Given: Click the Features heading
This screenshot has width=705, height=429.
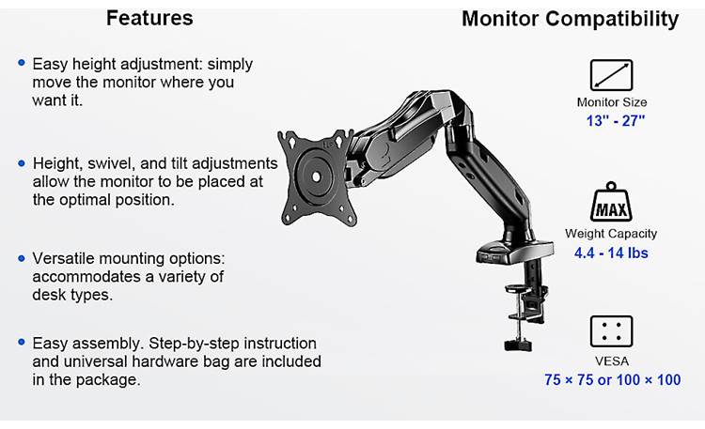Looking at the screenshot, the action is pos(149,19).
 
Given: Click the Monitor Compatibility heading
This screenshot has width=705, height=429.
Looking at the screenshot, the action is pos(571,20).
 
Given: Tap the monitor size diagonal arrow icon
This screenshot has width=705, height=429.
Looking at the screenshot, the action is pos(611,75).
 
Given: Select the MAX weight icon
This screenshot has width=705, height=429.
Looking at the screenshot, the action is pos(611,202).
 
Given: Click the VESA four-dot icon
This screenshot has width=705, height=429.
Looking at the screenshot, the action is pos(611,331).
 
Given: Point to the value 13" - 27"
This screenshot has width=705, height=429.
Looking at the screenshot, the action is pos(615,121).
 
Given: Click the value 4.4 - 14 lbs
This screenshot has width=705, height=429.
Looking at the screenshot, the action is pos(611,253).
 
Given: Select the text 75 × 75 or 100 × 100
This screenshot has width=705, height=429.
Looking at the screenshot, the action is pos(612,380).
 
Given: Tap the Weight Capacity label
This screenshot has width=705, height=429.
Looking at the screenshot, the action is pos(611,234).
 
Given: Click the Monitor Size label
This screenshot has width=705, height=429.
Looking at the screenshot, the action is pos(612,102).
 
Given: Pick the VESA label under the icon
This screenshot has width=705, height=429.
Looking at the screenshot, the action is pos(612,361).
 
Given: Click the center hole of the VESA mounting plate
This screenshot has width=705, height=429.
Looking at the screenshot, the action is pos(316,177).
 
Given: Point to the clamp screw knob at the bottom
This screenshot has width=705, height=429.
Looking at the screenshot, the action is pos(518,345).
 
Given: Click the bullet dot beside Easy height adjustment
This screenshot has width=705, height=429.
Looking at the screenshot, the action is pos(22,63).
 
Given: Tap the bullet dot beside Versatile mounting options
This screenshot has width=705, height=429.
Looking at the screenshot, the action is pos(22,258).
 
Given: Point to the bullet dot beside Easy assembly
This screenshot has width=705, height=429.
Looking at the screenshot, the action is pos(22,343).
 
